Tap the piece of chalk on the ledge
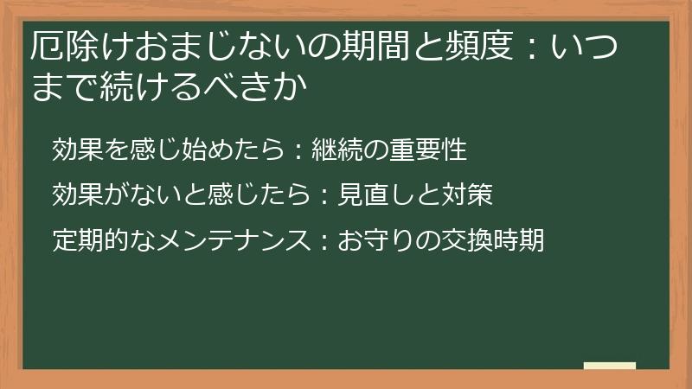[x=609, y=366]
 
